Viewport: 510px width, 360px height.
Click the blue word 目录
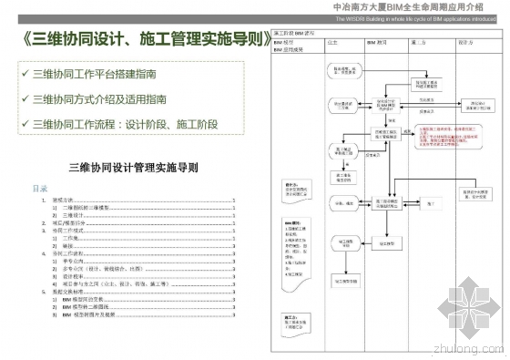[40, 189]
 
